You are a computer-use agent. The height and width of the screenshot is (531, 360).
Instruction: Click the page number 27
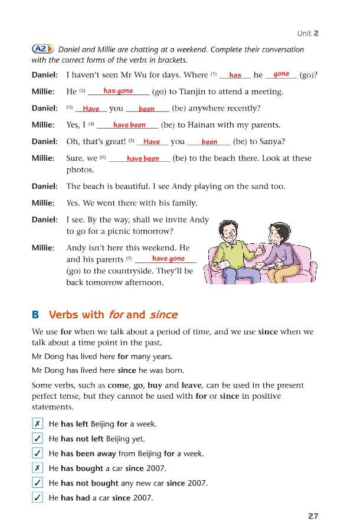pos(313,516)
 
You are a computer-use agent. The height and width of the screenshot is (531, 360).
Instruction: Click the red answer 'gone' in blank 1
pos(282,74)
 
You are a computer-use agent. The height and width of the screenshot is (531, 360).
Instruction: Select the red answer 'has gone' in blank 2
pos(118,91)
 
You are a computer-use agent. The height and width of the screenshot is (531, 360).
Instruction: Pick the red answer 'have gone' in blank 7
pos(168,259)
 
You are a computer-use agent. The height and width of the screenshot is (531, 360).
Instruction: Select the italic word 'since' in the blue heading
pos(163,315)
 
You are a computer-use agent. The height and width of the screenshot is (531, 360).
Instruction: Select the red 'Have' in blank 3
pos(91,109)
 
